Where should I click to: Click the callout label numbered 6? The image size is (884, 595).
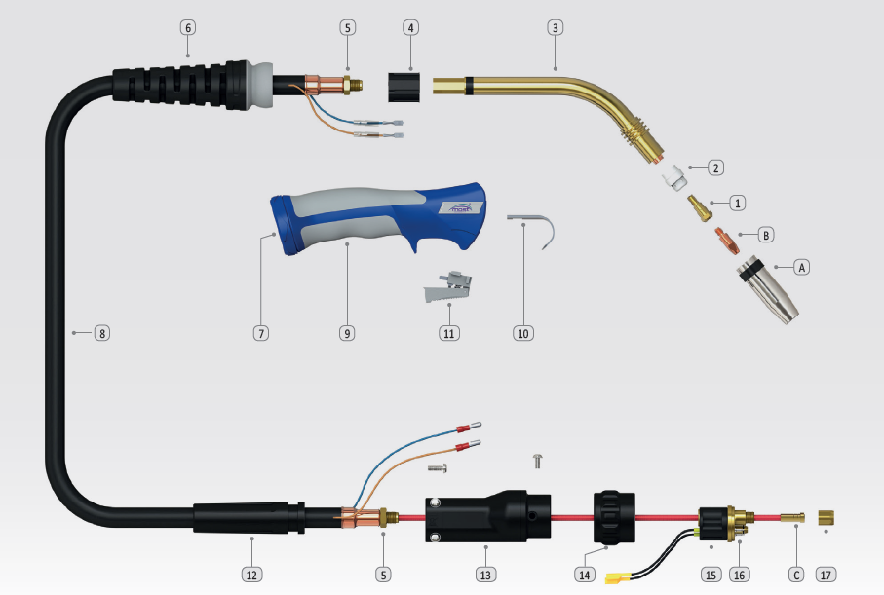pyautogui.click(x=188, y=27)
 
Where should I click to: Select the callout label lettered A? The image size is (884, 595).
pyautogui.click(x=802, y=267)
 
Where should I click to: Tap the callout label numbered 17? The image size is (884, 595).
pyautogui.click(x=826, y=575)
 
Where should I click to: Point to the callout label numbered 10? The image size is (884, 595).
pyautogui.click(x=523, y=333)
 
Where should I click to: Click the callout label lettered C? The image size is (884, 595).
pyautogui.click(x=796, y=575)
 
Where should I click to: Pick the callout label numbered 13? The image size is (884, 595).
pyautogui.click(x=485, y=575)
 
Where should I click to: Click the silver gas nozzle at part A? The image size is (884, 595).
pyautogui.click(x=768, y=289)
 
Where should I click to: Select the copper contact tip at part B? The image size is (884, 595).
pyautogui.click(x=727, y=241)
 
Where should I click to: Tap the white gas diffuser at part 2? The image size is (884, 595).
pyautogui.click(x=674, y=177)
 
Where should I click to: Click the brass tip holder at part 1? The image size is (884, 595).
pyautogui.click(x=700, y=208)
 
